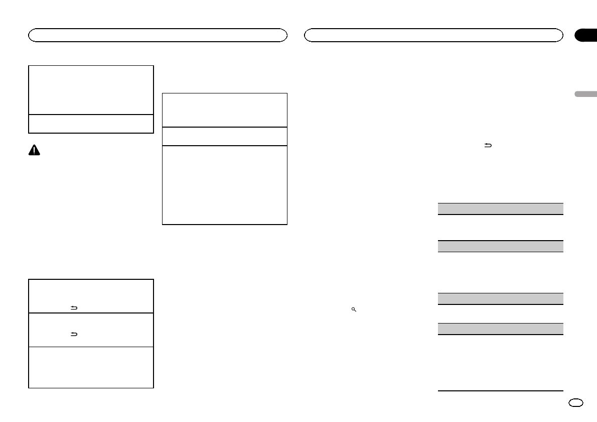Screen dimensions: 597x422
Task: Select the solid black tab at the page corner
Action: pyautogui.click(x=585, y=35)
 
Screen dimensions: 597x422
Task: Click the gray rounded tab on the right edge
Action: pyautogui.click(x=585, y=94)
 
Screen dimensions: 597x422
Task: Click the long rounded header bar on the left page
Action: pyautogui.click(x=158, y=35)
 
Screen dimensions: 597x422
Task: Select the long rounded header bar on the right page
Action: pyautogui.click(x=434, y=35)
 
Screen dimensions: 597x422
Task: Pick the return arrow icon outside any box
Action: pyautogui.click(x=487, y=145)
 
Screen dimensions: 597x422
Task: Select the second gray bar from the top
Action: pyautogui.click(x=500, y=246)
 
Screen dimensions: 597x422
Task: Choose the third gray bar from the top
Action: pyautogui.click(x=500, y=298)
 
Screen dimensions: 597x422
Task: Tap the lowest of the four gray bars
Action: pyautogui.click(x=500, y=329)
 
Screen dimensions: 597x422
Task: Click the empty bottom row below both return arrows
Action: pyautogui.click(x=91, y=367)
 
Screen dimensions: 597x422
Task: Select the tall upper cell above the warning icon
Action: pyautogui.click(x=91, y=89)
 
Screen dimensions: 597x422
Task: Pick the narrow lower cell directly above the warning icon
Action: pyautogui.click(x=91, y=124)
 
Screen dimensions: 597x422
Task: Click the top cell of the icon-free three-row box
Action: pyautogui.click(x=225, y=110)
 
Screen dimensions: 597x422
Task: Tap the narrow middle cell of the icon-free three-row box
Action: pyautogui.click(x=225, y=136)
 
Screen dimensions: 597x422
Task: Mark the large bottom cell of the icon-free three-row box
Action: pyautogui.click(x=225, y=184)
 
